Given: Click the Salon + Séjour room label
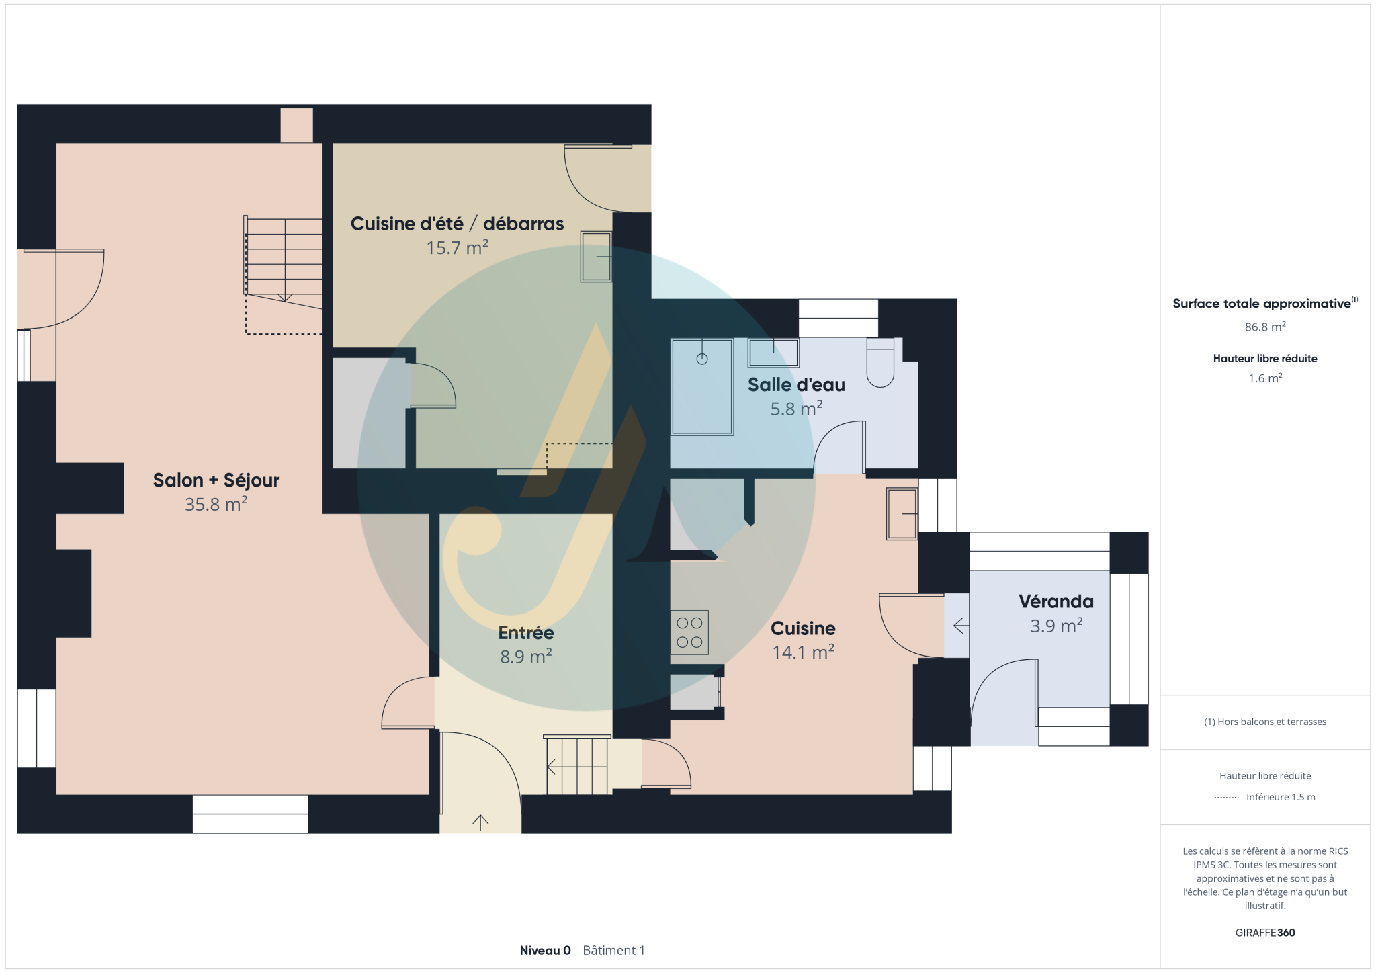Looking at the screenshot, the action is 216,480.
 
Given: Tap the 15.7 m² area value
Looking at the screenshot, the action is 458,248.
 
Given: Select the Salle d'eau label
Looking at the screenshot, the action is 796,385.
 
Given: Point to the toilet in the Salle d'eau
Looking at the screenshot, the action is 880,363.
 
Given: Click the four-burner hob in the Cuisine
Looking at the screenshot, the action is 689,632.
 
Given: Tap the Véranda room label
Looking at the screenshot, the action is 1056,601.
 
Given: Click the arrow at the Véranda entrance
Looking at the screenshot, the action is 961,626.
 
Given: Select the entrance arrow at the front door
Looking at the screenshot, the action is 480,822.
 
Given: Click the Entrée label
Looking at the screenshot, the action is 526,633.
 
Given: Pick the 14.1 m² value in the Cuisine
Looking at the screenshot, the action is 804,652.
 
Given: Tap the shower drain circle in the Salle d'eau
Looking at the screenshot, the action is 702,359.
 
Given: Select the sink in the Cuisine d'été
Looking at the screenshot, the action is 597,256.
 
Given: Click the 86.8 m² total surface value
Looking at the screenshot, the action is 1265,327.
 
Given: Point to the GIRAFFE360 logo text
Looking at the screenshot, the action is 1265,933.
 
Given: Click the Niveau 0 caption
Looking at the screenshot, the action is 545,950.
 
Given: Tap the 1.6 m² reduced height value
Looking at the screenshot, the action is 1265,378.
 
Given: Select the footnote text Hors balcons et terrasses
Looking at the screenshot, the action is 1272,722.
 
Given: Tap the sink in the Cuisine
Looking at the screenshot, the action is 902,513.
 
